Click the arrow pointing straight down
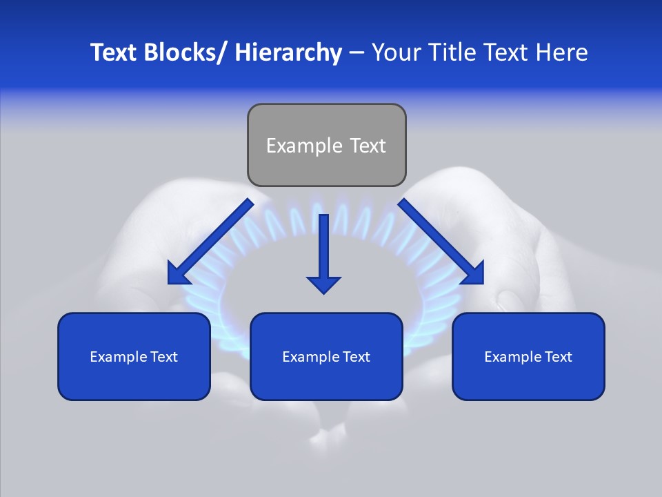(x=323, y=248)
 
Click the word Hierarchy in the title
(x=288, y=52)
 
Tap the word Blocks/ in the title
(x=186, y=52)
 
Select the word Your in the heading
(x=396, y=52)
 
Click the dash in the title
(x=357, y=53)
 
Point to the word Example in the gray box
(x=304, y=146)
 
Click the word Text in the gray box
(x=368, y=146)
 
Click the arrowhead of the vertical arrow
(x=323, y=284)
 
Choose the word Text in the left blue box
(x=163, y=357)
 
